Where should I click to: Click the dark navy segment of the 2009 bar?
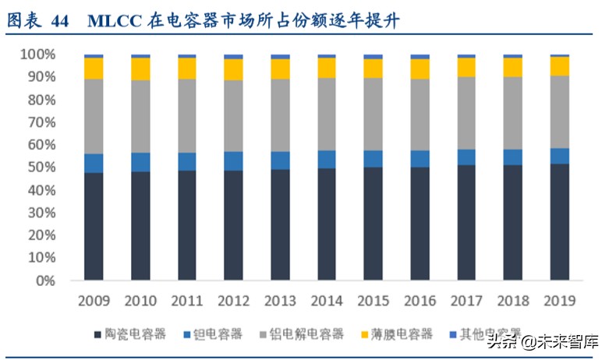pyautogui.click(x=94, y=226)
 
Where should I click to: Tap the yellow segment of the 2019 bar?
pyautogui.click(x=559, y=65)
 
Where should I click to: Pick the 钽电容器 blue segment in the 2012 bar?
pyautogui.click(x=233, y=161)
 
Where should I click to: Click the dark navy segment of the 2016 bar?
pyautogui.click(x=420, y=223)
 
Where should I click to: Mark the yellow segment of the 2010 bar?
pyautogui.click(x=140, y=69)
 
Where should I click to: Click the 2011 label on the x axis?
pyautogui.click(x=187, y=300)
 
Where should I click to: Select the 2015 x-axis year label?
pyautogui.click(x=374, y=300)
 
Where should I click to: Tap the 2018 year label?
pyautogui.click(x=513, y=300)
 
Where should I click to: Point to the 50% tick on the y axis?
pyautogui.click(x=39, y=168)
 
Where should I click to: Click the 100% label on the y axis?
pyautogui.click(x=37, y=55)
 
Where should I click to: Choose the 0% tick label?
pyautogui.click(x=44, y=281)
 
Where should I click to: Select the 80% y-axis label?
pyautogui.click(x=39, y=100)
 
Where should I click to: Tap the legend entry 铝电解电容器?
pyautogui.click(x=307, y=334)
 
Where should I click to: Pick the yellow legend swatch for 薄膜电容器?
pyautogui.click(x=363, y=334)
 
